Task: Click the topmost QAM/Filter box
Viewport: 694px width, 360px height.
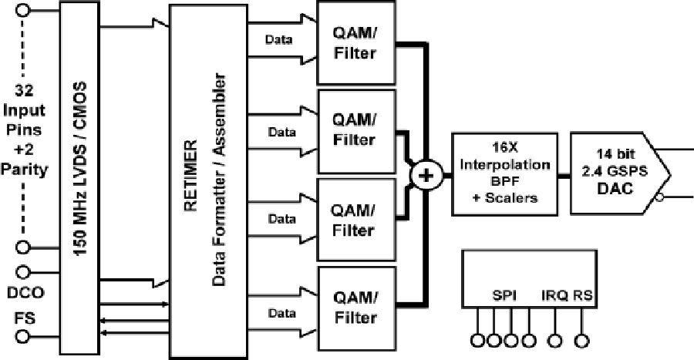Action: point(355,44)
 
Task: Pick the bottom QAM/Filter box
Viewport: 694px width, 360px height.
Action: point(355,308)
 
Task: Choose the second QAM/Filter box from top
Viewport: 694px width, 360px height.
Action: point(355,132)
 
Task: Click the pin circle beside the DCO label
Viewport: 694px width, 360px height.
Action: point(23,272)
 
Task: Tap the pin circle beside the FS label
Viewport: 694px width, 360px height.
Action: point(23,335)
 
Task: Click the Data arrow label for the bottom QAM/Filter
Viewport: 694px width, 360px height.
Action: point(281,312)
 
